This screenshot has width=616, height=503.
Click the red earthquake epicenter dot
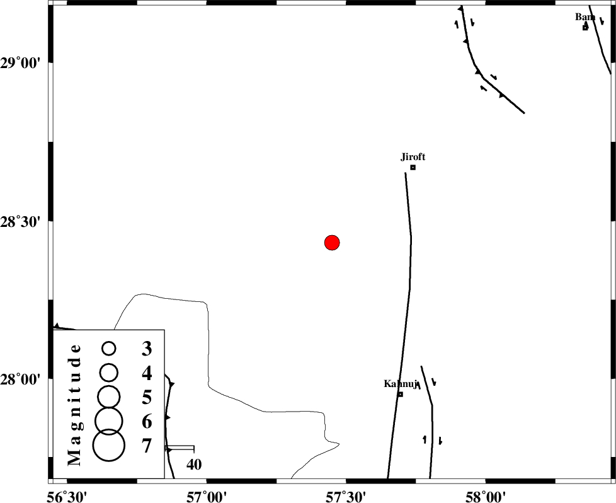click(332, 243)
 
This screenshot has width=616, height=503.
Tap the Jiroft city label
click(413, 157)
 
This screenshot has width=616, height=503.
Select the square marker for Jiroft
click(413, 168)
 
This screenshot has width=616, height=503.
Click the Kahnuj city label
click(401, 384)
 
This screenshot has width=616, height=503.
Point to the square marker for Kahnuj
click(401, 394)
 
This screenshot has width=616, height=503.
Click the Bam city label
click(585, 17)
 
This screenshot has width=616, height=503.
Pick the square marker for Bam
click(585, 28)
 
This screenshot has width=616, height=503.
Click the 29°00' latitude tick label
click(21, 62)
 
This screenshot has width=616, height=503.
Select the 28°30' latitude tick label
click(21, 222)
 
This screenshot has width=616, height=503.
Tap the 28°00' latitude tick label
click(21, 380)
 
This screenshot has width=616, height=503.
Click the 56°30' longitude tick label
click(67, 497)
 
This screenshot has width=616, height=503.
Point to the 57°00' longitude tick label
click(206, 497)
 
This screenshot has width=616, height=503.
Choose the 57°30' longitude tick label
click(346, 497)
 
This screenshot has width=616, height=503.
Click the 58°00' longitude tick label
click(486, 497)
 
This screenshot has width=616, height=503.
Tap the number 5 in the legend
click(147, 397)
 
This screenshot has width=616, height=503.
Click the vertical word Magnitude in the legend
click(74, 405)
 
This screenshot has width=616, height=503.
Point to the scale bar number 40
click(194, 465)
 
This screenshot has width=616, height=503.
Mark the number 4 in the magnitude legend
click(147, 373)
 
